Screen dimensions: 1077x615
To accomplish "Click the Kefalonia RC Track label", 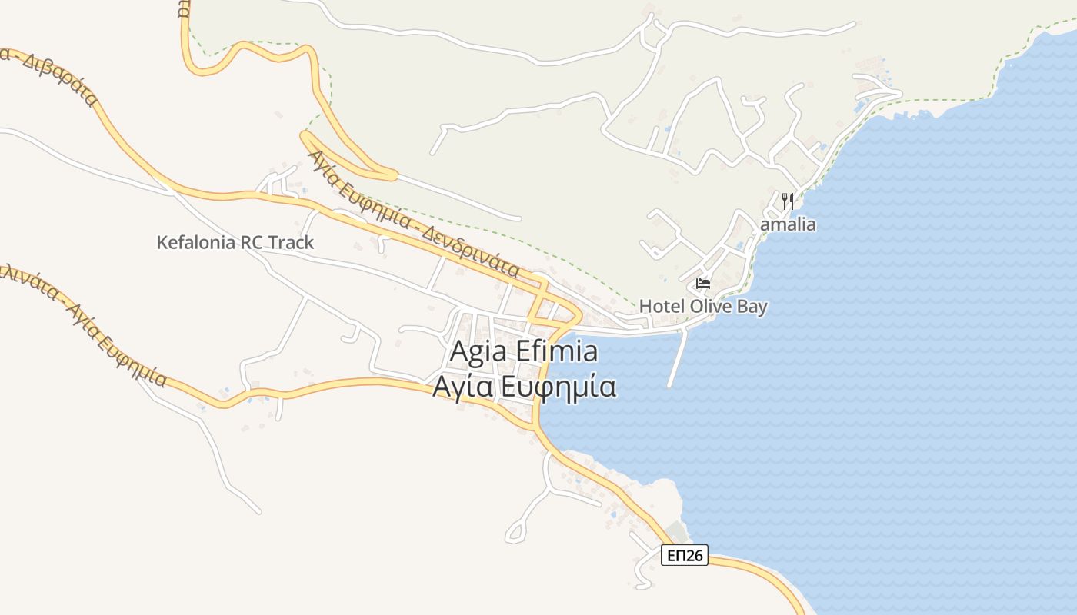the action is coord(235,243).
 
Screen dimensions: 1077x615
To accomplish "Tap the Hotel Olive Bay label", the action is coord(703,306).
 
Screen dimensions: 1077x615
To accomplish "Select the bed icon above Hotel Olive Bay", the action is coord(702,284).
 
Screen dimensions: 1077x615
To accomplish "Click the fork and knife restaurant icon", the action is coord(787,202).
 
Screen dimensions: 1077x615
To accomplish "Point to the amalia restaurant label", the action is coord(788,225).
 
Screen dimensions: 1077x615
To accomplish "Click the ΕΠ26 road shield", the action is coord(684,555).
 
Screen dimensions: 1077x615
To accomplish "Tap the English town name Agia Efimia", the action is coord(523,351).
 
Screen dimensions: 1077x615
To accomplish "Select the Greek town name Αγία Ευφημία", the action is coord(523,386).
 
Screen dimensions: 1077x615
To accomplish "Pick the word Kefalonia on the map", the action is coord(195,243).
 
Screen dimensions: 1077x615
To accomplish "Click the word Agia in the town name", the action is coord(477,351).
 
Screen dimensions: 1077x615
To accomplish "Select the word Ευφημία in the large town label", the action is coord(558,386).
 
